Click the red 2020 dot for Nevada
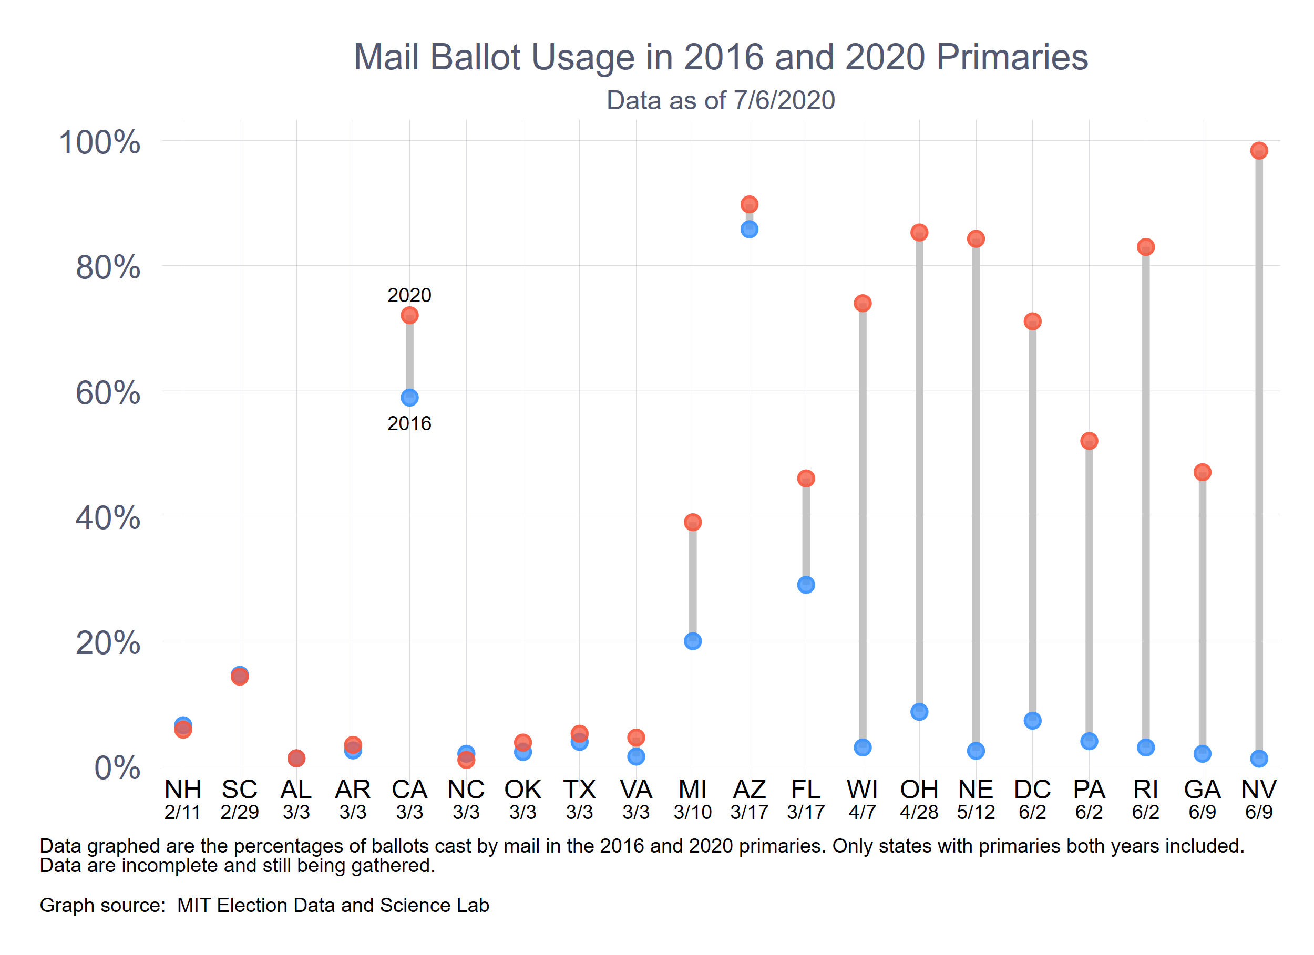[x=1258, y=151]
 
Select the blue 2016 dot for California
[x=409, y=397]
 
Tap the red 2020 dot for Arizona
[x=749, y=204]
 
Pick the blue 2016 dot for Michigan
[x=692, y=641]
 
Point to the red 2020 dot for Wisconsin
[x=863, y=304]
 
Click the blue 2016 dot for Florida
[x=806, y=585]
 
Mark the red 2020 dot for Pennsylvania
[x=1089, y=441]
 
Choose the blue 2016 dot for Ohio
[x=919, y=712]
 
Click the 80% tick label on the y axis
[x=108, y=267]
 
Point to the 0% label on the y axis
[x=117, y=768]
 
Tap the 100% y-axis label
[x=100, y=142]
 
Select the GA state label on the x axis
[x=1202, y=790]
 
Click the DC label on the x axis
[x=1032, y=790]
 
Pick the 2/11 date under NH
[x=182, y=813]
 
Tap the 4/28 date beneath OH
[x=919, y=813]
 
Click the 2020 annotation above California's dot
[x=409, y=295]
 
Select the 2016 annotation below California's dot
[x=409, y=423]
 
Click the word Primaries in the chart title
[x=1012, y=57]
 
